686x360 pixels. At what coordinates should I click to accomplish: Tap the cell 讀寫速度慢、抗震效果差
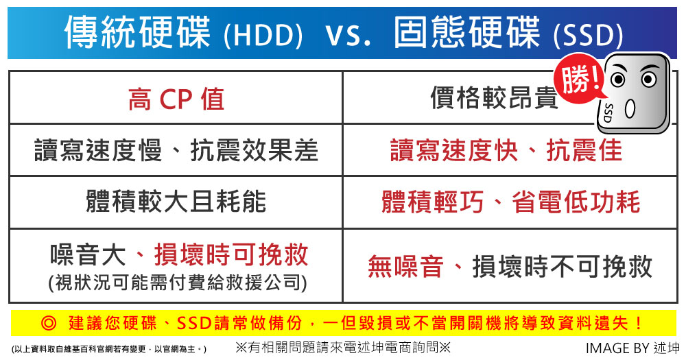pyautogui.click(x=176, y=150)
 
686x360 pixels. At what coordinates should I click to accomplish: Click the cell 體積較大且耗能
pyautogui.click(x=176, y=202)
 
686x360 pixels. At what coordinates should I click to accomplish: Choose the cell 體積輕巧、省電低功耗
pyautogui.click(x=510, y=202)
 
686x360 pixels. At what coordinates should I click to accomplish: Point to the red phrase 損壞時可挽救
pyautogui.click(x=231, y=254)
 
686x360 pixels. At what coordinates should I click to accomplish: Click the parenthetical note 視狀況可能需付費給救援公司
pyautogui.click(x=178, y=283)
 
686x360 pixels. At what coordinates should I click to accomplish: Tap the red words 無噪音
pyautogui.click(x=405, y=266)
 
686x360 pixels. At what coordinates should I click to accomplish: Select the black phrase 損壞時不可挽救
pyautogui.click(x=563, y=266)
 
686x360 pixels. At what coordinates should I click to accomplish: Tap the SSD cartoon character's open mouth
pyautogui.click(x=630, y=109)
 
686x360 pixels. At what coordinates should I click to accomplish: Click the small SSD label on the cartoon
pyautogui.click(x=608, y=113)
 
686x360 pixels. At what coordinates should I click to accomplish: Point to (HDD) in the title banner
pyautogui.click(x=263, y=35)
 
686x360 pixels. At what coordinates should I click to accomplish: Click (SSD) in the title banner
pyautogui.click(x=588, y=35)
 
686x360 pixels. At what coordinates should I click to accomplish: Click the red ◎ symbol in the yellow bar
pyautogui.click(x=49, y=323)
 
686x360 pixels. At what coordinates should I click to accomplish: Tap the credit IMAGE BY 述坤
pyautogui.click(x=632, y=348)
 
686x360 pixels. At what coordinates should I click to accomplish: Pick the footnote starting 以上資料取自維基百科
pyautogui.click(x=109, y=349)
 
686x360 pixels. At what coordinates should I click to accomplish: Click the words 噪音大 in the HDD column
pyautogui.click(x=88, y=254)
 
